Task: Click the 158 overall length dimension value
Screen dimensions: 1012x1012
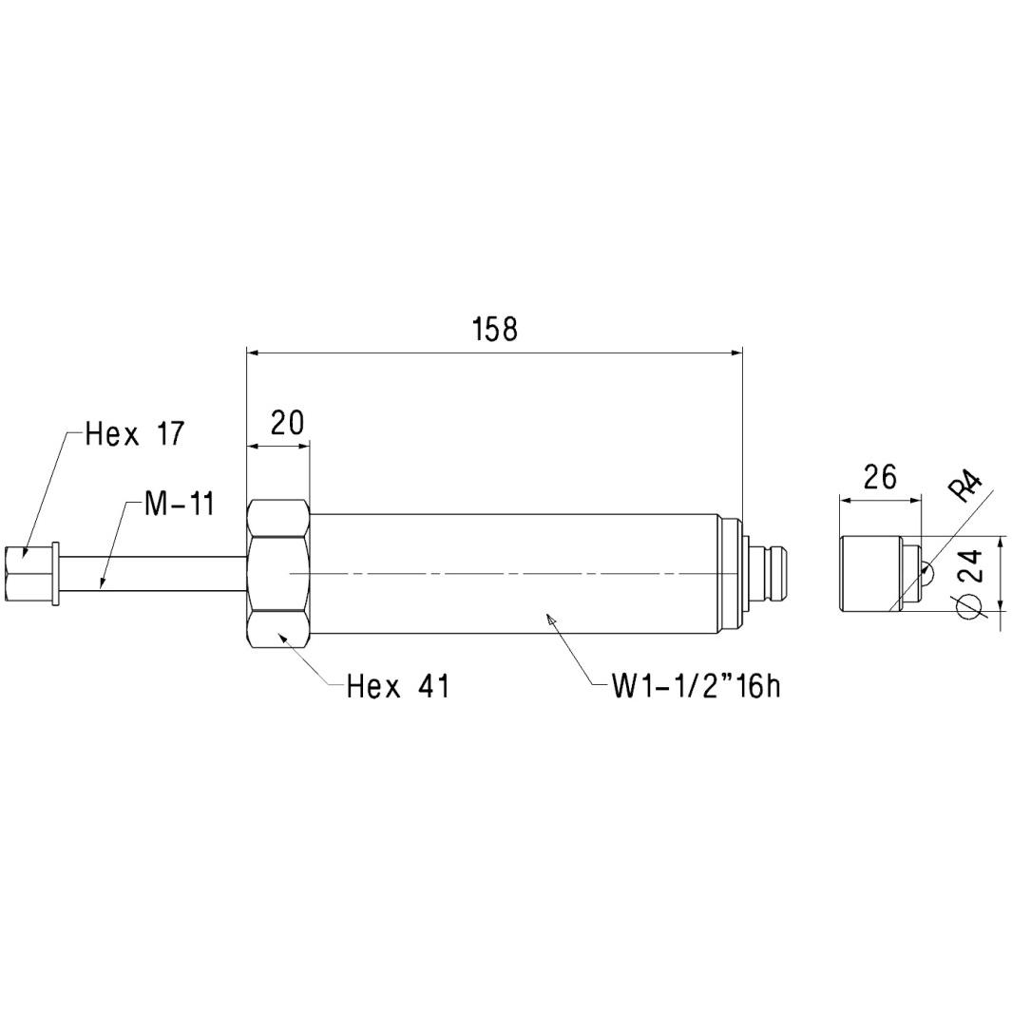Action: (x=495, y=329)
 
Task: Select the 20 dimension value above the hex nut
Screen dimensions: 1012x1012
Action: (x=287, y=423)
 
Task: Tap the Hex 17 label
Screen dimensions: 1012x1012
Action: (x=135, y=434)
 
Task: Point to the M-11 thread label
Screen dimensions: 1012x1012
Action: (x=179, y=504)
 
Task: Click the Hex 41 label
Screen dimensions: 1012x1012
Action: (x=397, y=686)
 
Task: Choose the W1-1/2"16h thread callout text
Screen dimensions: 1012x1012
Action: (x=696, y=686)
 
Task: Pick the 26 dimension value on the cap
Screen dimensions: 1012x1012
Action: (x=880, y=477)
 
